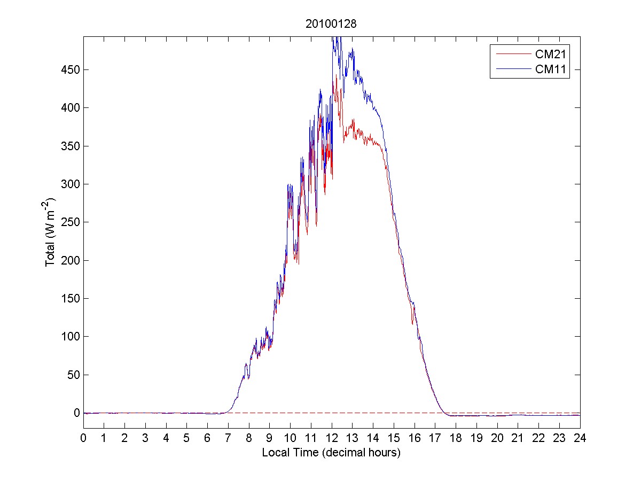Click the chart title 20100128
tap(331, 24)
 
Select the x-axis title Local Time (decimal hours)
tap(331, 453)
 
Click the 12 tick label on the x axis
tap(332, 438)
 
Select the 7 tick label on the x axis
tap(228, 438)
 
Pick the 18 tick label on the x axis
tap(456, 438)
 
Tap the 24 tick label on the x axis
tap(580, 438)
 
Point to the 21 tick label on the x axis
tap(518, 438)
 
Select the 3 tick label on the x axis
tap(145, 438)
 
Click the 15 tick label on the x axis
tap(394, 438)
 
